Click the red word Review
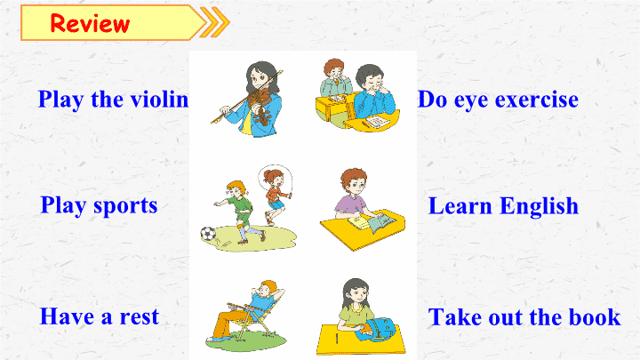tap(90, 23)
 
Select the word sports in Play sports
tap(125, 206)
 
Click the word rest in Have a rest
tap(139, 317)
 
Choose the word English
tap(540, 206)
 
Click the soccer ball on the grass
tap(208, 234)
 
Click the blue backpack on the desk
tap(376, 330)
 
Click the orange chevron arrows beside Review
tap(215, 22)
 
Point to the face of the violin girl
tap(260, 80)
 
